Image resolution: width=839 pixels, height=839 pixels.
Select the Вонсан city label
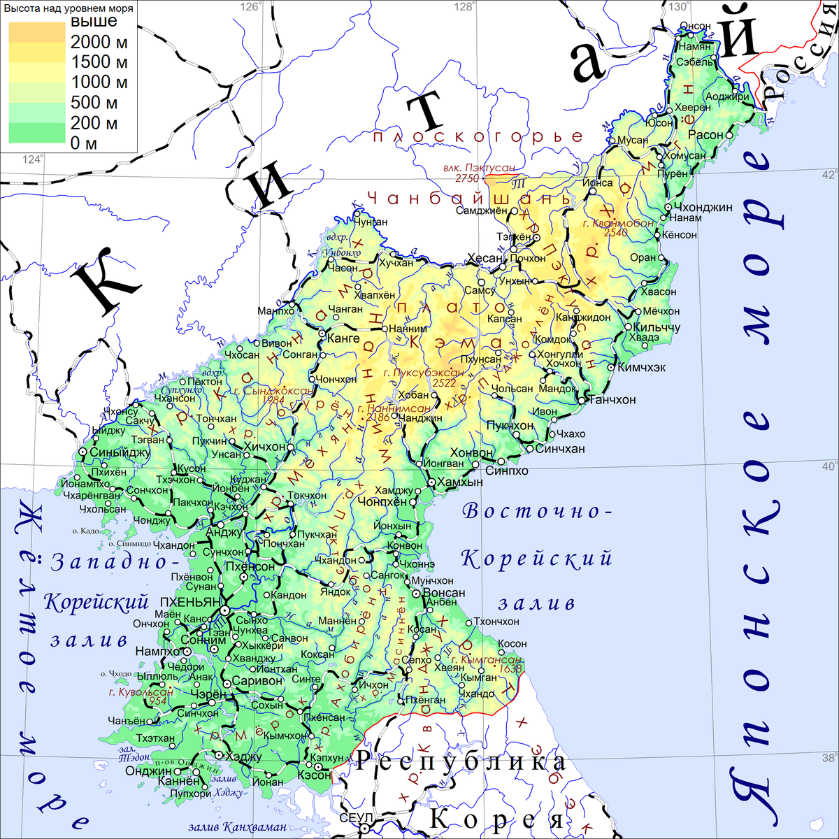coord(444,593)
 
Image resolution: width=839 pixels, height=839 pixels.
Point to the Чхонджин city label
coord(703,208)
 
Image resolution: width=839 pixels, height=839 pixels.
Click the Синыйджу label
coord(120,452)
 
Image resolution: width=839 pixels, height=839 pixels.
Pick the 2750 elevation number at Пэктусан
coord(467,178)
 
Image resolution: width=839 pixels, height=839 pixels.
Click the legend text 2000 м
coord(99,42)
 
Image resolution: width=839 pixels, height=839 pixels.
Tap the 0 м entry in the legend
coord(84,143)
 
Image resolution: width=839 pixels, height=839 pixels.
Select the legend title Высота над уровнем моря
coord(68,9)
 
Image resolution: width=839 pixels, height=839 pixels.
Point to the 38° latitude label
coord(829,758)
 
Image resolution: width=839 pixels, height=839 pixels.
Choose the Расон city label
coord(705,135)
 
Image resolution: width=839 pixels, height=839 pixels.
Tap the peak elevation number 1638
coord(510,669)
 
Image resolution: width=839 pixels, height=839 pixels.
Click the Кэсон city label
coord(314,775)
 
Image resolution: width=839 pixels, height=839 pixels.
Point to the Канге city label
coord(343,338)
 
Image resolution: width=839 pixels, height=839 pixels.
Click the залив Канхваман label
coord(237,828)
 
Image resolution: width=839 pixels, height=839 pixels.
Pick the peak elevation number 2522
coord(445,382)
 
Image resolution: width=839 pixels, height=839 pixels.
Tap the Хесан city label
coord(485,259)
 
